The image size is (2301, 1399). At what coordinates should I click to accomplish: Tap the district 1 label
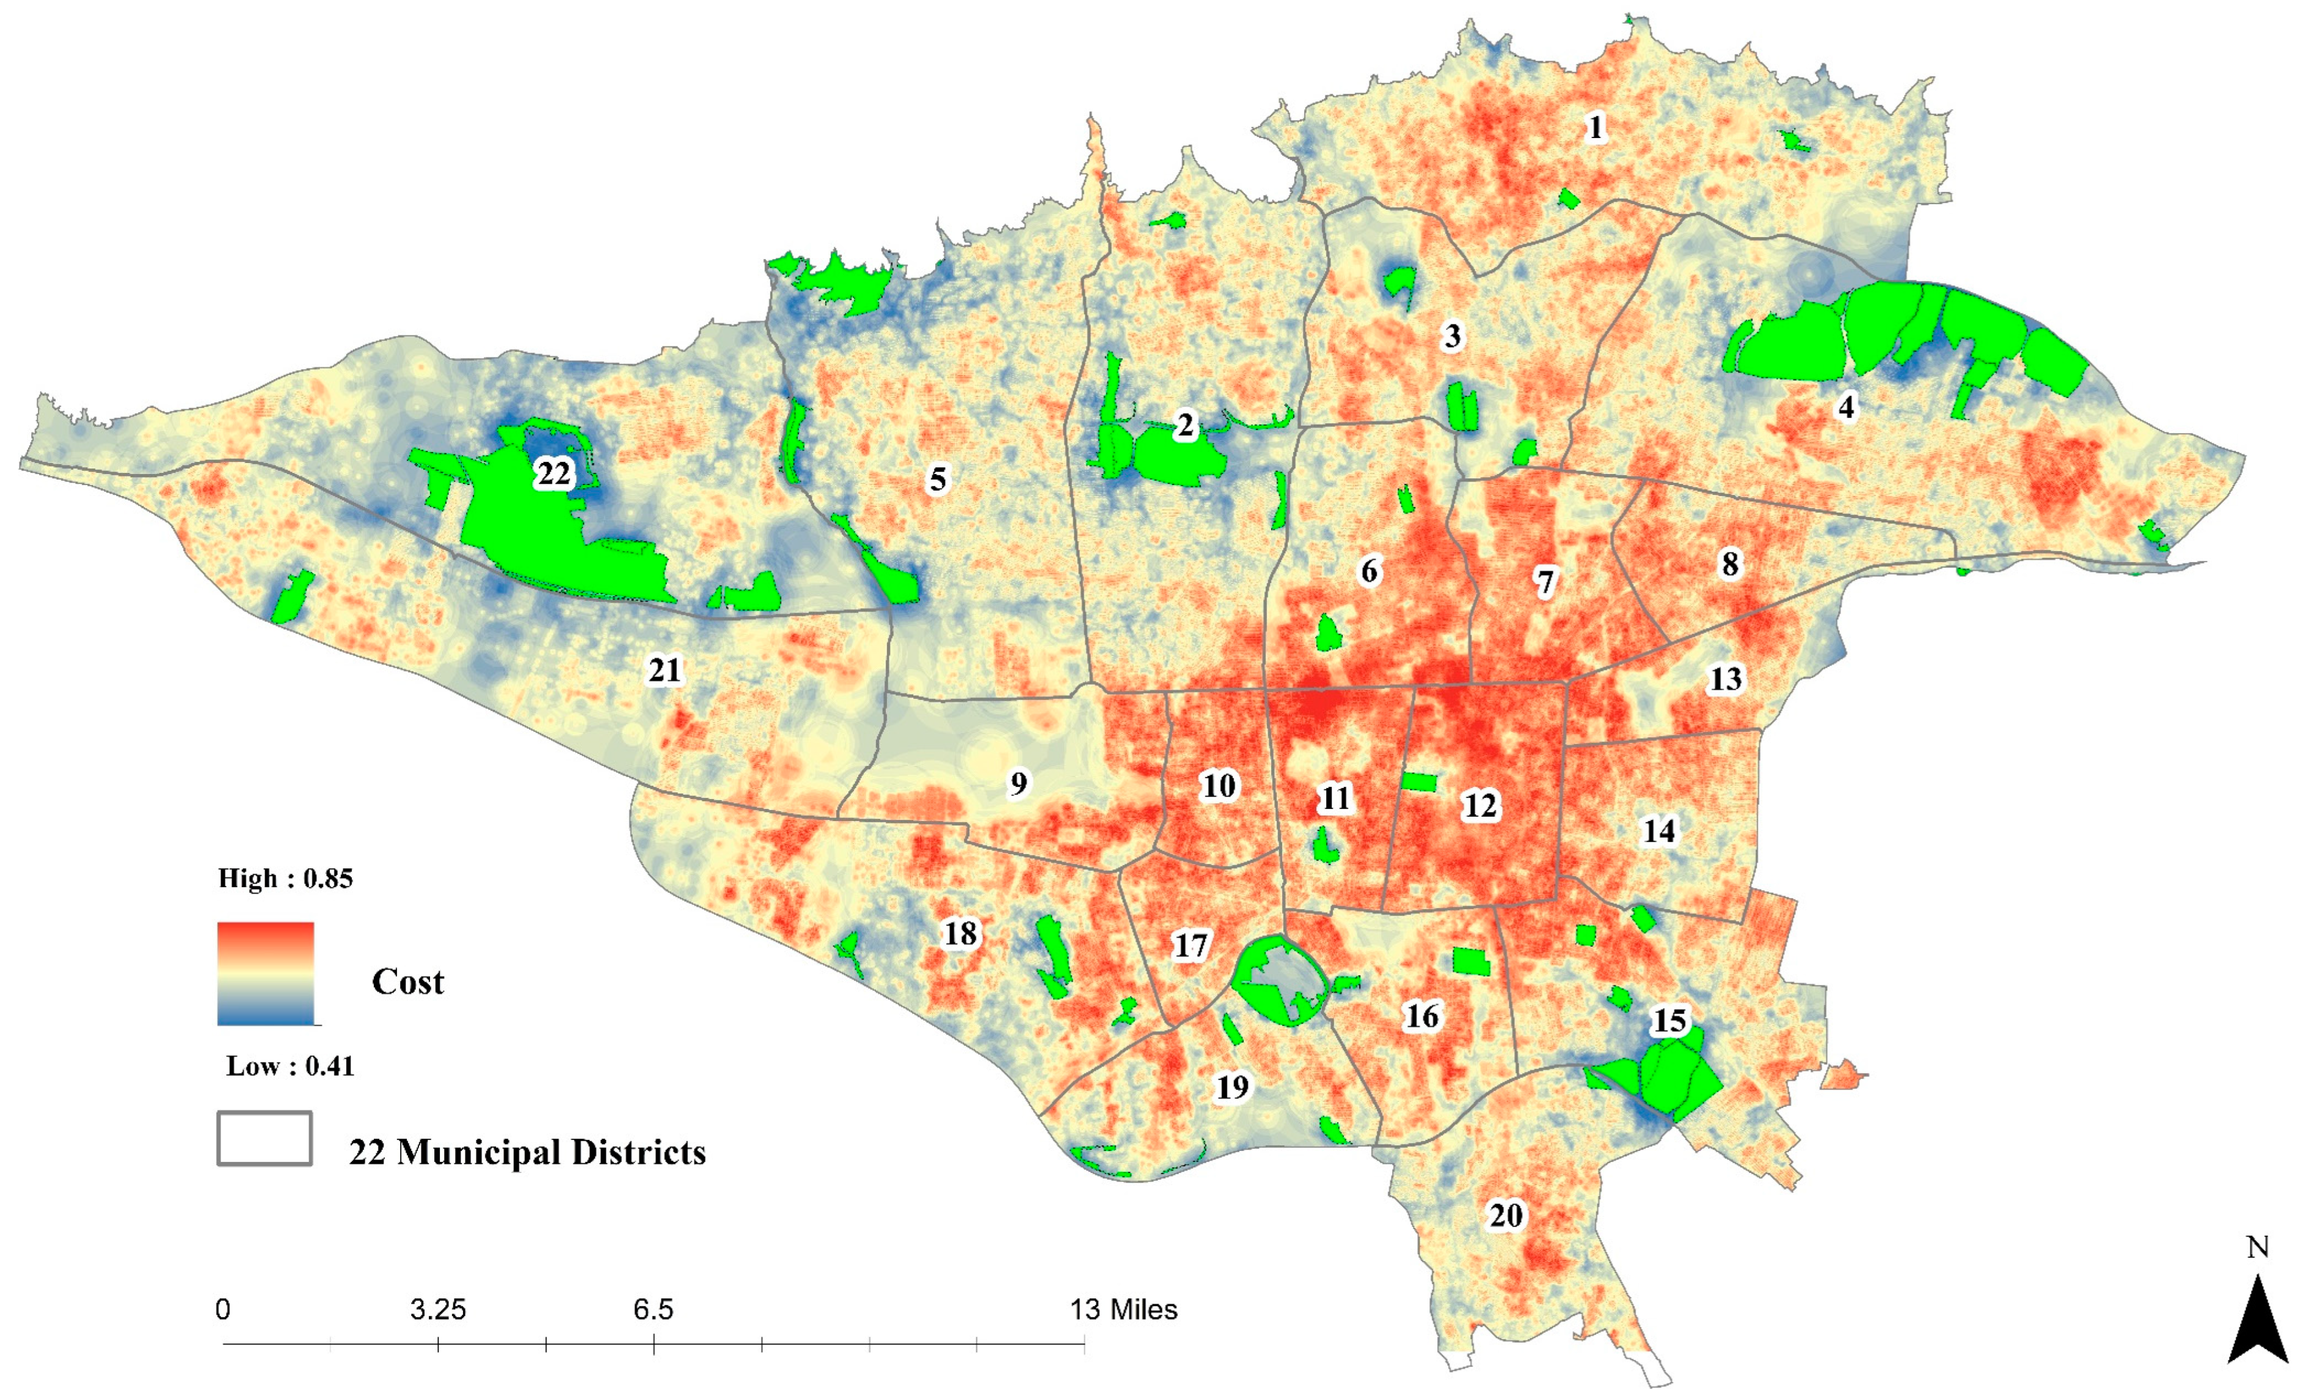click(x=1595, y=127)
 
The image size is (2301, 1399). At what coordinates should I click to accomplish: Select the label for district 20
click(x=1505, y=1216)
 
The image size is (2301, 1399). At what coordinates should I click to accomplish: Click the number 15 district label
click(x=1670, y=1021)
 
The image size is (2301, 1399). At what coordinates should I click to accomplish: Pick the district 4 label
click(x=1846, y=407)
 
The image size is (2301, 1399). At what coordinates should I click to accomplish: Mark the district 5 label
click(x=938, y=479)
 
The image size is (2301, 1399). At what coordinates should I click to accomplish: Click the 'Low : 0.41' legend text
click(x=290, y=1065)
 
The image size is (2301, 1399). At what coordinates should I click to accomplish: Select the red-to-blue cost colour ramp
click(x=265, y=973)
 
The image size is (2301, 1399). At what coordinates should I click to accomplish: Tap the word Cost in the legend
click(x=407, y=982)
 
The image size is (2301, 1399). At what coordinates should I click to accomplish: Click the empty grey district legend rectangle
click(x=264, y=1138)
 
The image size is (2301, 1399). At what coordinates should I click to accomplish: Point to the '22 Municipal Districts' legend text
click(x=527, y=1152)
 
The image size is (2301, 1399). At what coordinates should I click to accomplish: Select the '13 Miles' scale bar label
click(x=1123, y=1309)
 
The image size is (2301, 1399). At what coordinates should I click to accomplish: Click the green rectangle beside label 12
click(x=1420, y=782)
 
